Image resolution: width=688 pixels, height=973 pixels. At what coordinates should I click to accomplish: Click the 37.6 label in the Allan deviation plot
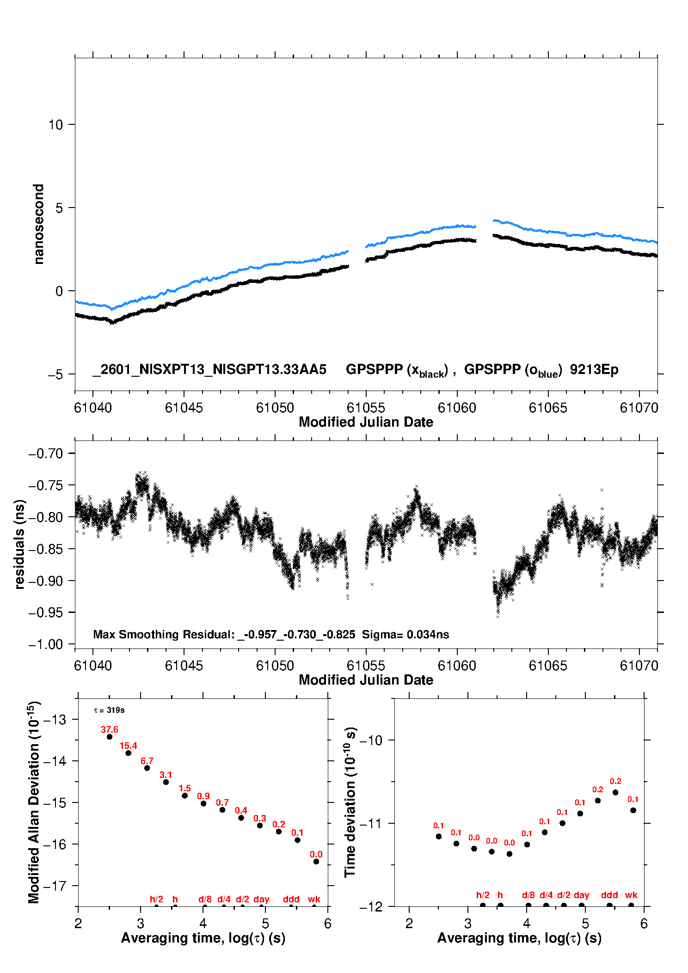110,729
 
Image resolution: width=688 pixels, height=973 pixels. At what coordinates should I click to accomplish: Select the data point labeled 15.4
129,753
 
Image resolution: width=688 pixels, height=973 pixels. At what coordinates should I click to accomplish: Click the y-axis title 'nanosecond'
38,224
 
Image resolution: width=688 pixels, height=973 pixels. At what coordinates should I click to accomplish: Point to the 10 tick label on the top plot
55,125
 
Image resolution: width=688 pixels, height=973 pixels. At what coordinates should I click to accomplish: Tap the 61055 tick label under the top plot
366,408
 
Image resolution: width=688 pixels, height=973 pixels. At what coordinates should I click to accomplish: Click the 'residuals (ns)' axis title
19,545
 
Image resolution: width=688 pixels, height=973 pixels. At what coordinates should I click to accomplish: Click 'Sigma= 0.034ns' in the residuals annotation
405,635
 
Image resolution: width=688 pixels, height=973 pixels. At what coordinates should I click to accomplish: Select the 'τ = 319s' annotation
109,710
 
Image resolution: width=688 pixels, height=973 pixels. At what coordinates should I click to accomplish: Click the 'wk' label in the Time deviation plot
631,895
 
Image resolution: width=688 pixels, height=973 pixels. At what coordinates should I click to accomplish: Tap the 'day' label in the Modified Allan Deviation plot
261,899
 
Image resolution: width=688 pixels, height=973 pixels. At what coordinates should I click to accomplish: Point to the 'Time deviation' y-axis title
350,802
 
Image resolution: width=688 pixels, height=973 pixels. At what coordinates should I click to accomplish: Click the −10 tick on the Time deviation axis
371,740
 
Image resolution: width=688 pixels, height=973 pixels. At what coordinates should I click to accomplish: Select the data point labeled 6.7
147,768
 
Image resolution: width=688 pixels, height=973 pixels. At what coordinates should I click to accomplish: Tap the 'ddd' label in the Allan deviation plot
291,899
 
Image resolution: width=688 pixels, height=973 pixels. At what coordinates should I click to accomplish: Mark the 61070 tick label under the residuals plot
639,666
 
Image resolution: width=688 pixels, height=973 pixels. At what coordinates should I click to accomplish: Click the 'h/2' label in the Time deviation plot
483,895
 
